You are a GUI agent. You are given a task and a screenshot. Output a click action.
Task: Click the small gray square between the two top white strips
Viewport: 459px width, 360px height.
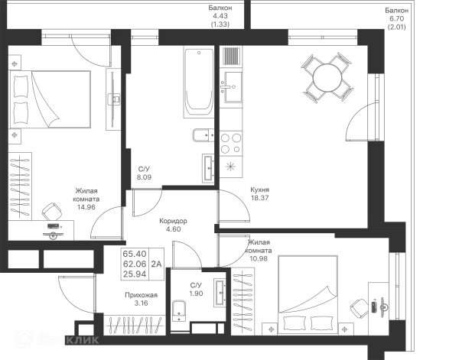(221, 16)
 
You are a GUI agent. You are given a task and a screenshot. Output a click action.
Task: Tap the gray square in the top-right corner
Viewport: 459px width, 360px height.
(398, 16)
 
